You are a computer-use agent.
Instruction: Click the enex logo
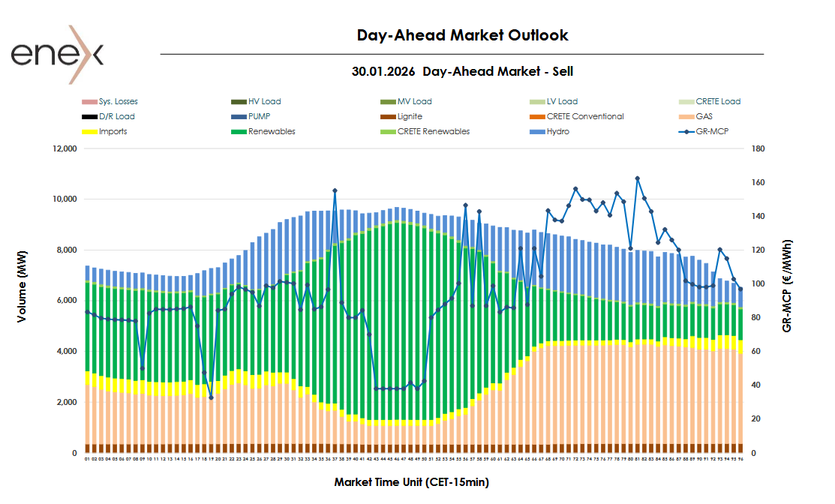point(57,54)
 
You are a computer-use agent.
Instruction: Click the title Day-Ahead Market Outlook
point(462,35)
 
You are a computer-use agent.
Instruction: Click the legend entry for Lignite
point(410,116)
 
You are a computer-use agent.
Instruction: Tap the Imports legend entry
point(113,131)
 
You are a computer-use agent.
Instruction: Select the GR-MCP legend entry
point(712,131)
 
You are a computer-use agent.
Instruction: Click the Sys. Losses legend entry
point(118,101)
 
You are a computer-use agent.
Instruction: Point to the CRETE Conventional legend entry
point(585,116)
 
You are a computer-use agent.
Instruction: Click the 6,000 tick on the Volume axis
point(66,301)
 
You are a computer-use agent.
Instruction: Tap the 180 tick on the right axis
point(758,148)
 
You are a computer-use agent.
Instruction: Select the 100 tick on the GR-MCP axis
point(758,284)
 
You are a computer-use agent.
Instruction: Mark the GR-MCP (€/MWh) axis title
point(787,286)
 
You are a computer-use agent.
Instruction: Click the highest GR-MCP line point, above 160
point(637,178)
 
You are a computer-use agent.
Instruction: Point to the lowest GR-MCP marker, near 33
point(211,397)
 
